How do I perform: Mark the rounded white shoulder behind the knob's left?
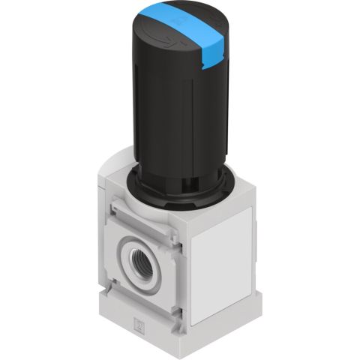click(114, 166)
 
